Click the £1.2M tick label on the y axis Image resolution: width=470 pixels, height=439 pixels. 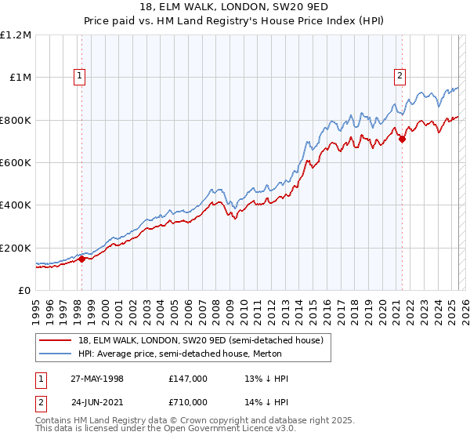point(16,35)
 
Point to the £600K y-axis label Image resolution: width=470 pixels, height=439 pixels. point(16,163)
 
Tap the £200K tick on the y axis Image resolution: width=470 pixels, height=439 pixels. point(16,248)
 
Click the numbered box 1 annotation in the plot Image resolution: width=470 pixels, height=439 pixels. point(81,76)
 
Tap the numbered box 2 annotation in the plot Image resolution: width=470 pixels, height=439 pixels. point(400,76)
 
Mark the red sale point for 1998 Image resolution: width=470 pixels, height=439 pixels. point(81,259)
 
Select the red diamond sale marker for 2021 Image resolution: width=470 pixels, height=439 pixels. point(402,140)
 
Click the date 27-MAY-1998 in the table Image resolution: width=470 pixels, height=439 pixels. point(97,379)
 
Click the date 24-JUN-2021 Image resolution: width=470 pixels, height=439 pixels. point(97,402)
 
